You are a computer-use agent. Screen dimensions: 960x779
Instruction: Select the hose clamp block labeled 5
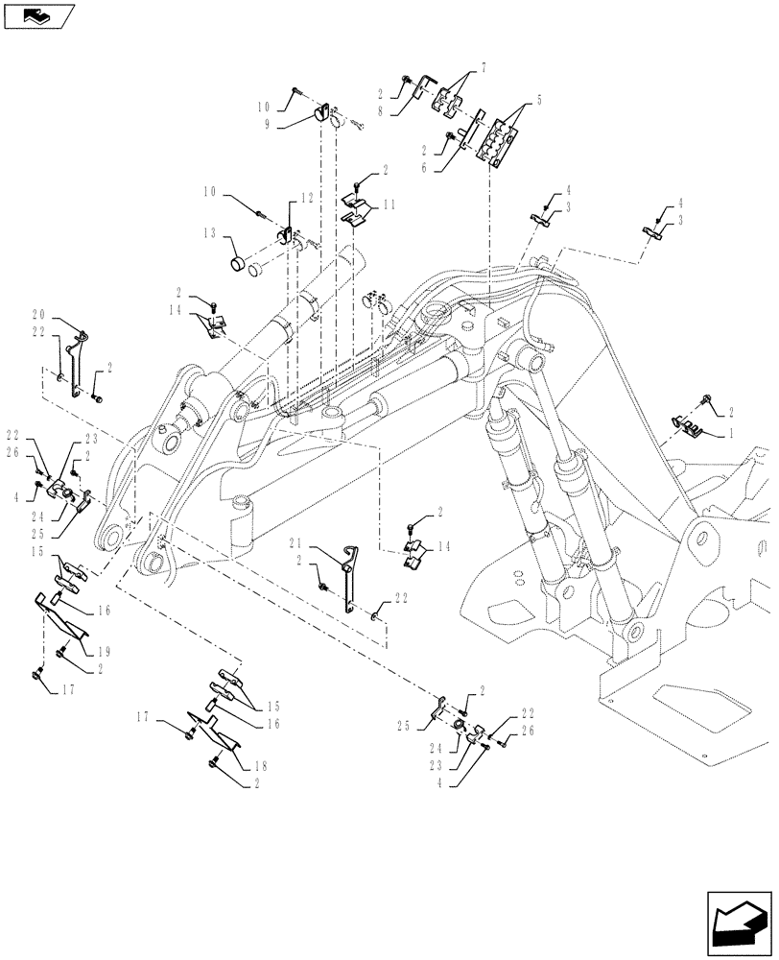click(x=493, y=137)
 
